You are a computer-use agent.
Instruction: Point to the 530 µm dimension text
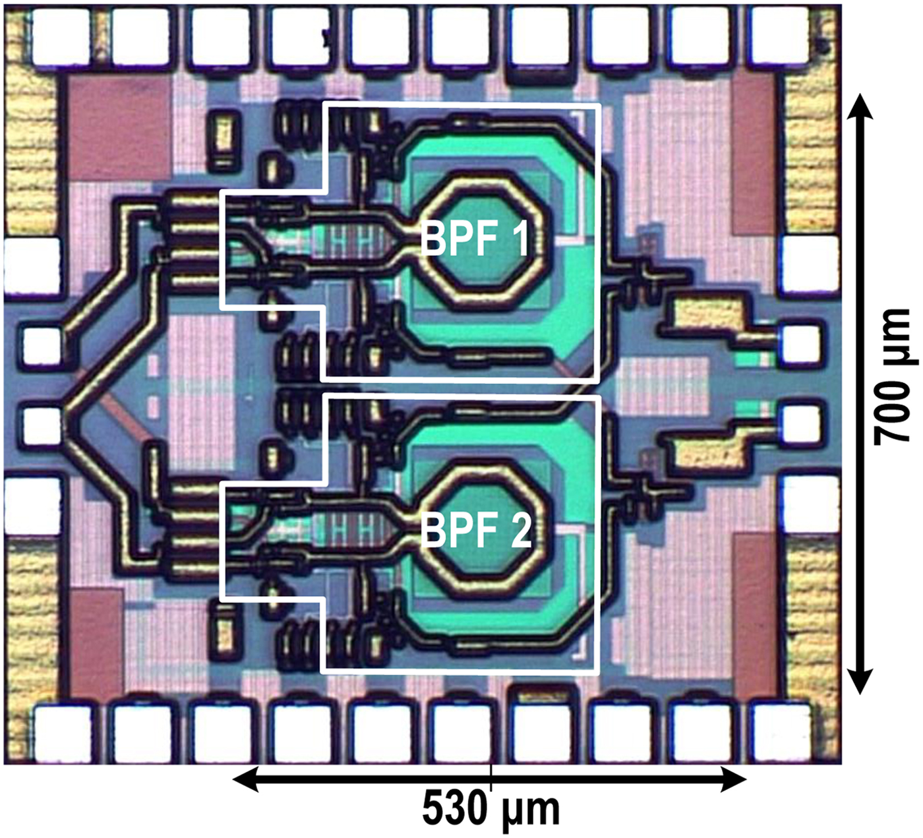click(491, 809)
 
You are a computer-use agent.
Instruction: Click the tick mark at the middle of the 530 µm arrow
click(491, 781)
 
